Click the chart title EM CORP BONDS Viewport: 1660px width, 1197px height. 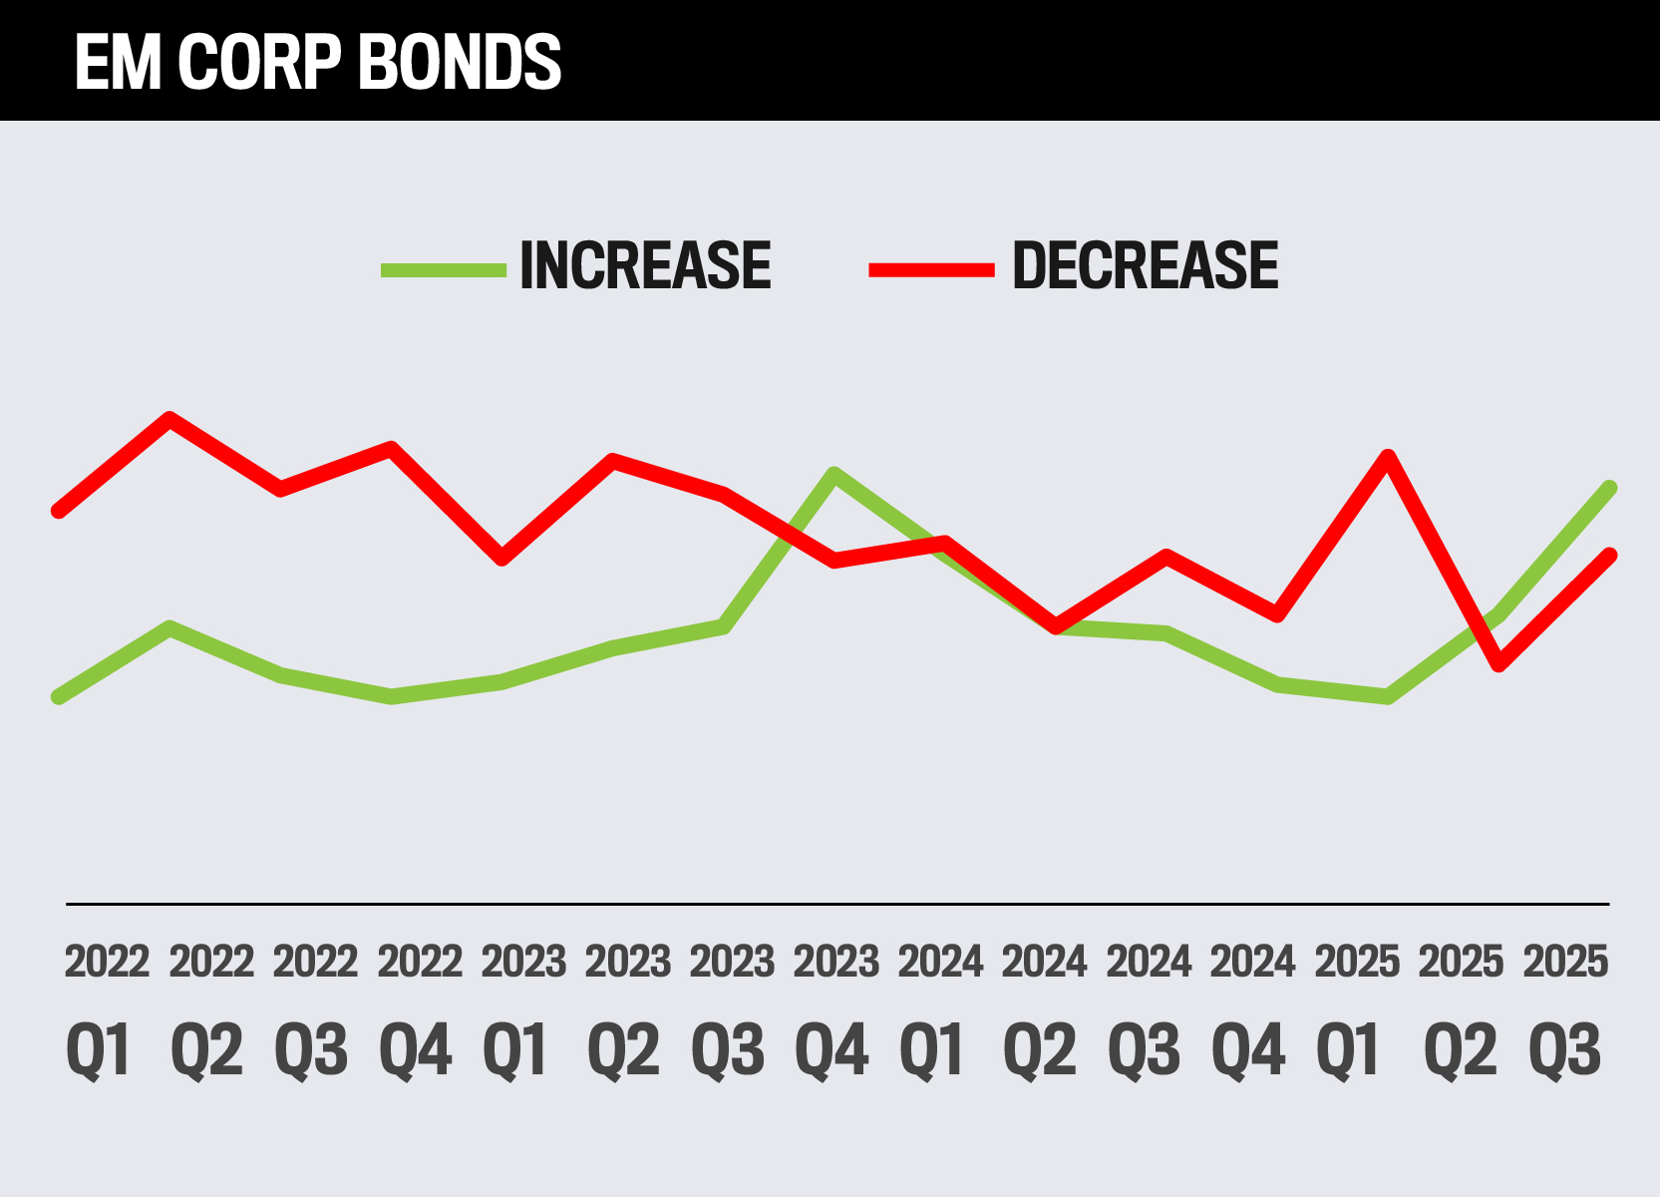[318, 62]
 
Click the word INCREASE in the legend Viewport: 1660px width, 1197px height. [645, 266]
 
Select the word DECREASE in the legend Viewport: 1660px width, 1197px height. [1145, 266]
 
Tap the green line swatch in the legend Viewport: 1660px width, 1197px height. [444, 269]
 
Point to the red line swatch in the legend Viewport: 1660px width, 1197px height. [931, 269]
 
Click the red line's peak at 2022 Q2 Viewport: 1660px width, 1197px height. [170, 418]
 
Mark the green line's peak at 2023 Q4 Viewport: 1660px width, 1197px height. [834, 473]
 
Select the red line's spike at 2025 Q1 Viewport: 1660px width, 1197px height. [1387, 457]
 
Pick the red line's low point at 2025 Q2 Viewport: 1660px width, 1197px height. [1498, 664]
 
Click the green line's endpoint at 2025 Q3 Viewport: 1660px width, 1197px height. [1609, 488]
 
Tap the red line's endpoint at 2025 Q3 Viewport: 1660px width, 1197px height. [1609, 555]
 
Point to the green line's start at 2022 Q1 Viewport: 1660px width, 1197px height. [59, 696]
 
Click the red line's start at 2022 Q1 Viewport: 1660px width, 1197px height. [59, 511]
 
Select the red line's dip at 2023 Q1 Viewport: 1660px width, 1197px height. [502, 559]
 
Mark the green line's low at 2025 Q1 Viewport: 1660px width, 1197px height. [1387, 696]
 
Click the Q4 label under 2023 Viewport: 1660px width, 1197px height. [832, 1049]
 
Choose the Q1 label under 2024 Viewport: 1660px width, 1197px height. [934, 1049]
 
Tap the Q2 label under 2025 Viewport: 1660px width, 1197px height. [1460, 1049]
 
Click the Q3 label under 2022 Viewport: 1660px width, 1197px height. [312, 1049]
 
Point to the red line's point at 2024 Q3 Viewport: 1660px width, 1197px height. [1165, 555]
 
